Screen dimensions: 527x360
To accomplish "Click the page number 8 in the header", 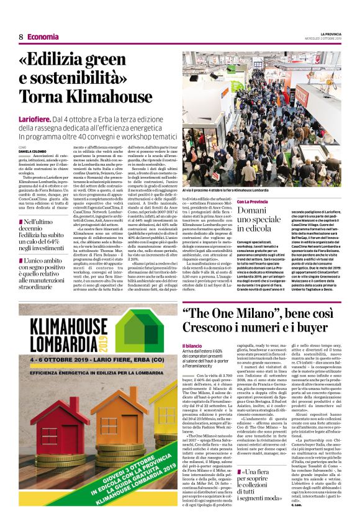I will click(x=20, y=37).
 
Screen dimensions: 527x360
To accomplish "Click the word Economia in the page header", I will click(x=43, y=37).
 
